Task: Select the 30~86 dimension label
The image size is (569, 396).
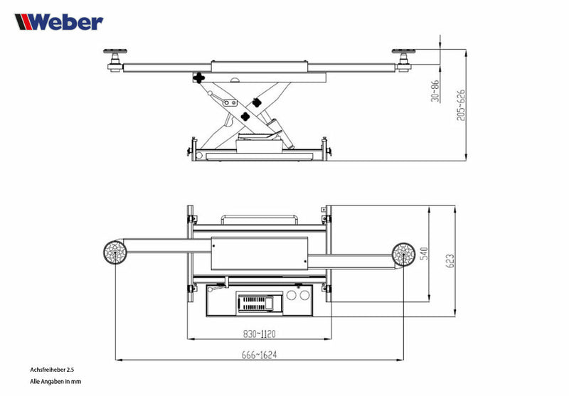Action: (435, 90)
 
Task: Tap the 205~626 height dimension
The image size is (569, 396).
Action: (460, 105)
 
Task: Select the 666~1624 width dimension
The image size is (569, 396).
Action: (258, 355)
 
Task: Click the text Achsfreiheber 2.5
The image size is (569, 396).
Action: (53, 370)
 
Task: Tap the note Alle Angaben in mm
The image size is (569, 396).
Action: (56, 382)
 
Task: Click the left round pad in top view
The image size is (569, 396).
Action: (115, 252)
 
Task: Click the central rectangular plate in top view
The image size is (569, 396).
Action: (259, 253)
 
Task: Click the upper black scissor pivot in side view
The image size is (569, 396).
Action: (200, 78)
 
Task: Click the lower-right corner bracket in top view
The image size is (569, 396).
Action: (326, 288)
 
